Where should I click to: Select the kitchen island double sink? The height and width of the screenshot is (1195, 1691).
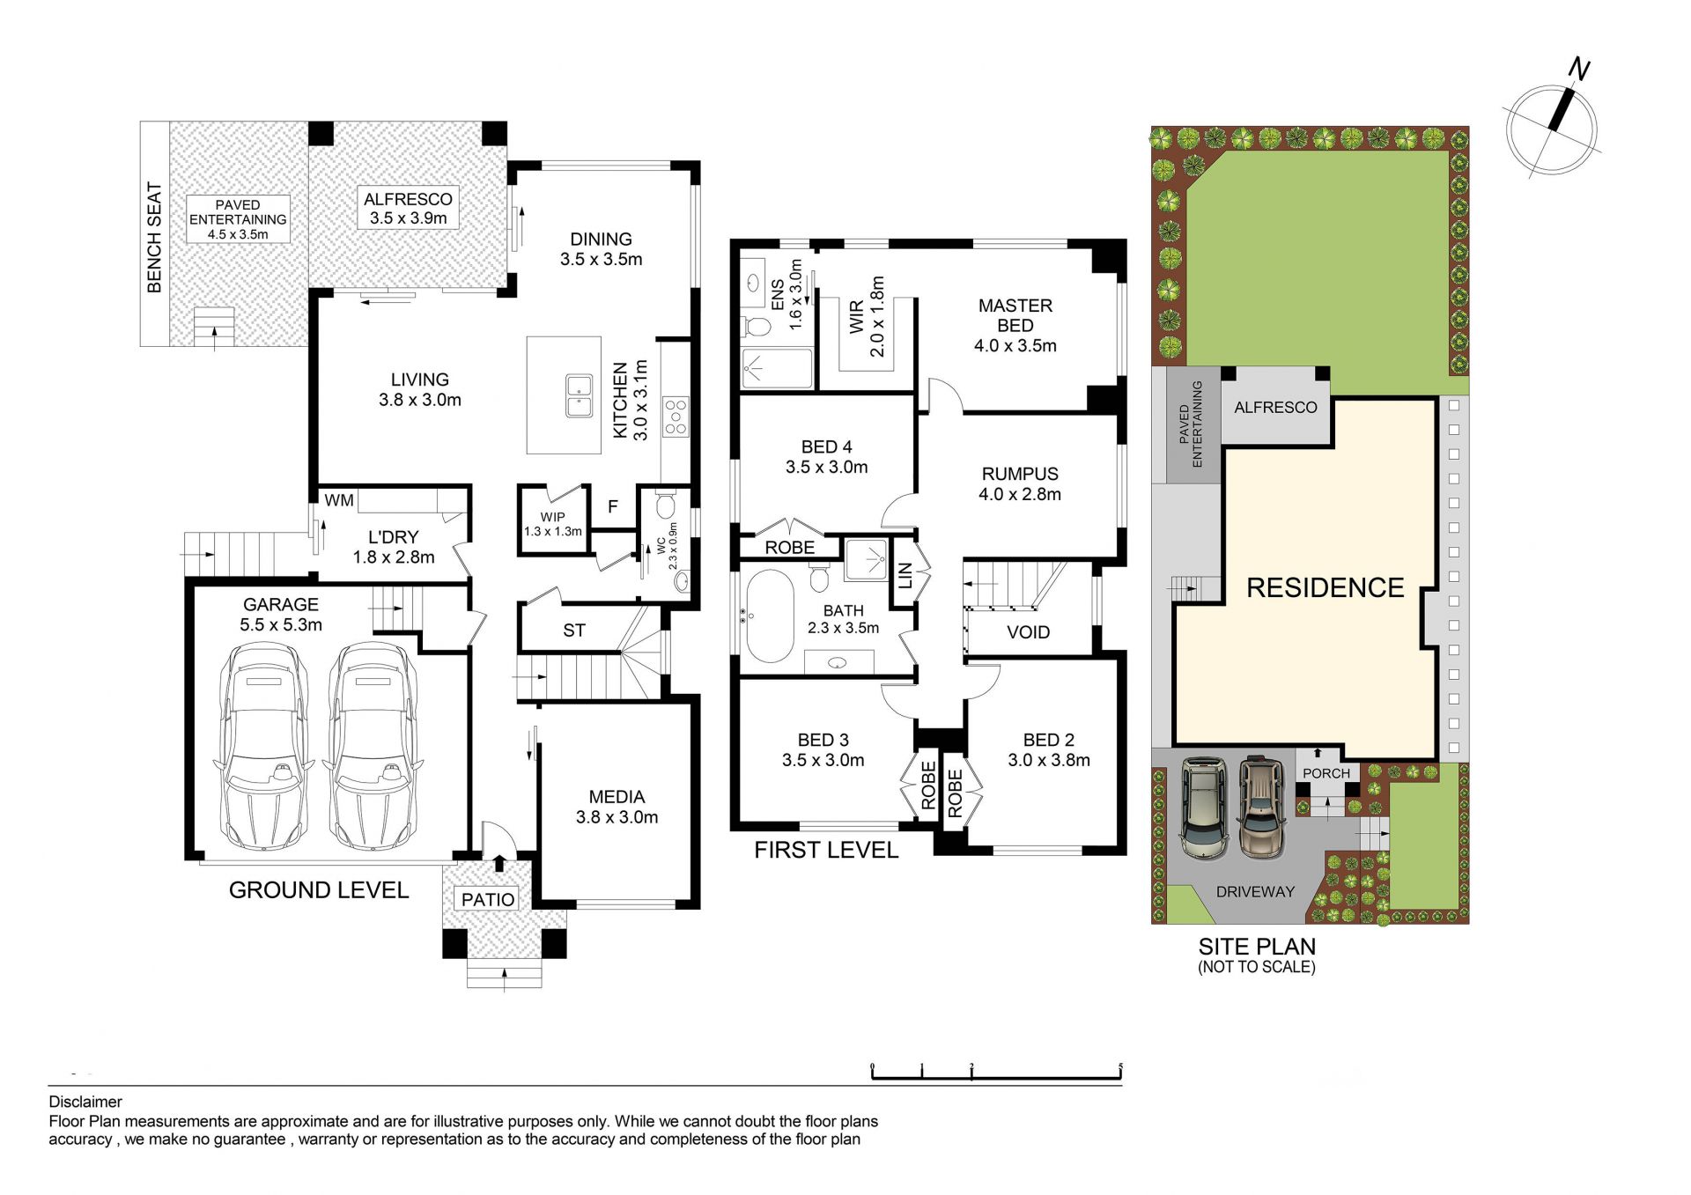pos(579,395)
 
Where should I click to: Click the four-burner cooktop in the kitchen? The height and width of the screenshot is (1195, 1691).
pos(676,417)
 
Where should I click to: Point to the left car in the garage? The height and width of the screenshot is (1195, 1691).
pos(262,747)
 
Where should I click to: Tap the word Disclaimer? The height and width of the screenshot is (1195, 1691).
pos(85,1102)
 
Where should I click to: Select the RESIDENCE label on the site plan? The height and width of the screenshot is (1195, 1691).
pos(1325,587)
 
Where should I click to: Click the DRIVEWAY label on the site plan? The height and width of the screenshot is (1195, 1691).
pos(1255,891)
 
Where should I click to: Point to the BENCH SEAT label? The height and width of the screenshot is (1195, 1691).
pos(154,237)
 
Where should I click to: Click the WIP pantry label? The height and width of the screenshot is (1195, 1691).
pos(553,517)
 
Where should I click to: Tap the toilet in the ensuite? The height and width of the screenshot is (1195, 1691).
pos(756,326)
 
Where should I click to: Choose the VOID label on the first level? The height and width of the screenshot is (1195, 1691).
pos(1028,632)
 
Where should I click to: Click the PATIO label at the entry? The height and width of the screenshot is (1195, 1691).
pos(488,899)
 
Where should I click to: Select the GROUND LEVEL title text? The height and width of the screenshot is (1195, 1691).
pos(319,890)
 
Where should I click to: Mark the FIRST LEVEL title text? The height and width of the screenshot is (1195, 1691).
pos(826,850)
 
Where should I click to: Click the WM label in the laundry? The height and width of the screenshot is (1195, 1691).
pos(339,500)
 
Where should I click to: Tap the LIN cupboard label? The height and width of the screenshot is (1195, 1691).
pos(905,576)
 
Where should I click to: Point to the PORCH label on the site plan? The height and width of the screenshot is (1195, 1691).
pos(1325,773)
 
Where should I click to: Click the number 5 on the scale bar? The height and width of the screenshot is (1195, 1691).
pos(1120,1067)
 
